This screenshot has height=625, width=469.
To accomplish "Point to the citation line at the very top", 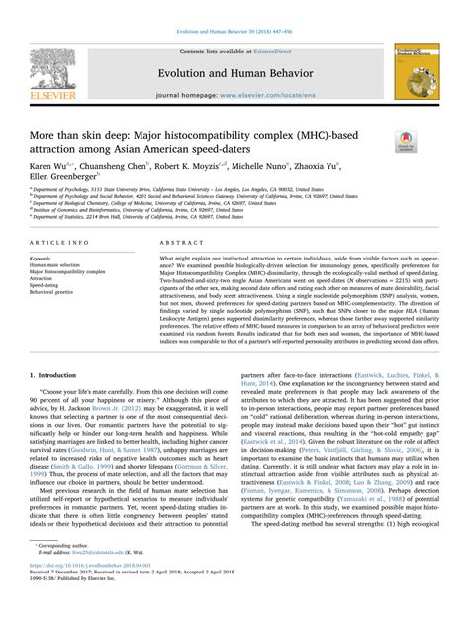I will [x=234, y=7].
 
